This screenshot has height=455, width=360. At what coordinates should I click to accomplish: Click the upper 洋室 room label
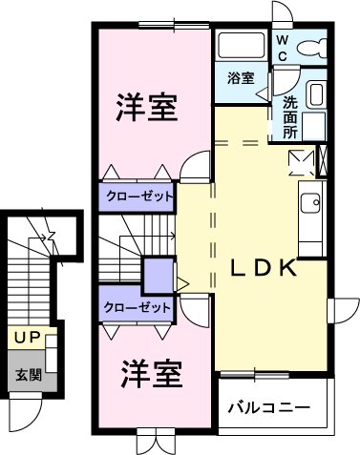click(147, 108)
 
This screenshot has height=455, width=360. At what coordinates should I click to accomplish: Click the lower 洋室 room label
click(151, 374)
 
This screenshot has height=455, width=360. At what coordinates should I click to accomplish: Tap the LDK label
click(264, 269)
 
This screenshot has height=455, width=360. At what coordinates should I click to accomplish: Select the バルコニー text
click(268, 407)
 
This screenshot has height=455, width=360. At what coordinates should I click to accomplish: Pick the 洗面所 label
click(289, 115)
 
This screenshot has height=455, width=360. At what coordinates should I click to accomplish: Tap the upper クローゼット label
click(138, 196)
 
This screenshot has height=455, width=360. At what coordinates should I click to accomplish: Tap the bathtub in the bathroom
click(242, 46)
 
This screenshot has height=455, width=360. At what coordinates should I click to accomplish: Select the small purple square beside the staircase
click(155, 277)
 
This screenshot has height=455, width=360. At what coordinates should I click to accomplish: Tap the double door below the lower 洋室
click(150, 443)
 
